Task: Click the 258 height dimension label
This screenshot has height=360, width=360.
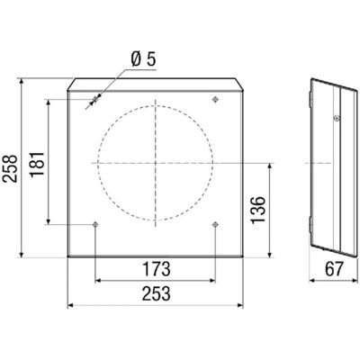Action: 11,168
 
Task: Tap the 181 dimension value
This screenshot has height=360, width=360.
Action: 38,164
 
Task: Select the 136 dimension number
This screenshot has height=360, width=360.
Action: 258,210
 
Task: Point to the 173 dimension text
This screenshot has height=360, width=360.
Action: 156,269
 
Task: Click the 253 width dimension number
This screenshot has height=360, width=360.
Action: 156,293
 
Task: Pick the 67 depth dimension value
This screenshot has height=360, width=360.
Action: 333,269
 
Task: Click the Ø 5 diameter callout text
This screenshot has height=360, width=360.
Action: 144,59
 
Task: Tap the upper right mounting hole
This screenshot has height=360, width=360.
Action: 215,99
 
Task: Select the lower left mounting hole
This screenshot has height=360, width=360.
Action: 95,224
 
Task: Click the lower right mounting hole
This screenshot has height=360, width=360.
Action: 215,224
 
